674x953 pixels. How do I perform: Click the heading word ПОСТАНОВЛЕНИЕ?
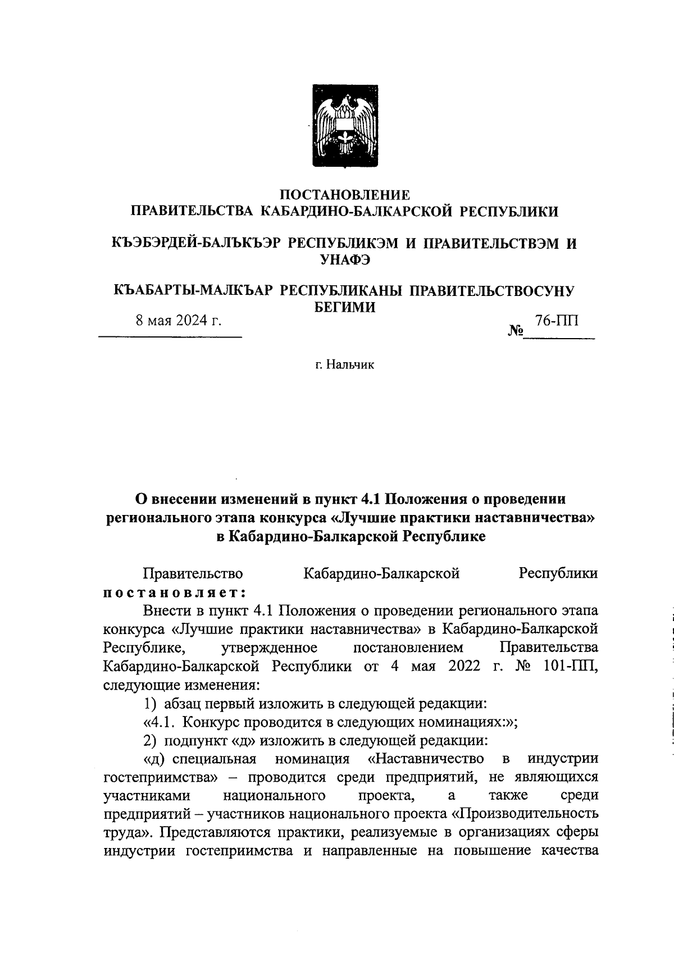(x=345, y=195)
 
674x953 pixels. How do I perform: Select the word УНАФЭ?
(x=345, y=259)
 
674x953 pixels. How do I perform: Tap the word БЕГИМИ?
(x=344, y=307)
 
